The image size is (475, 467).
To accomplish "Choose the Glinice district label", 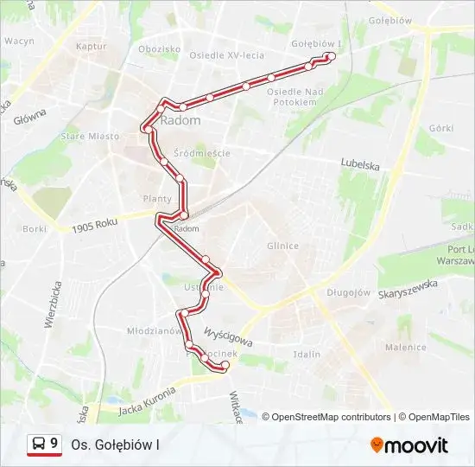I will [x=282, y=246].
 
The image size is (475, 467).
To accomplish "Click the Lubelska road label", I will [x=361, y=161].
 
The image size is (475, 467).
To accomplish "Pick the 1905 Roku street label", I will [x=95, y=226].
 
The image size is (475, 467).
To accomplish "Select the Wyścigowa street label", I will [x=227, y=336].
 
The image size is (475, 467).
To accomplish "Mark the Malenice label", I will [x=405, y=347].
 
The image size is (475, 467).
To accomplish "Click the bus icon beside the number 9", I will [x=39, y=445].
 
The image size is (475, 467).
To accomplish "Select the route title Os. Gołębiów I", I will [x=116, y=445].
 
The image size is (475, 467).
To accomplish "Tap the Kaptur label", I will [x=90, y=46].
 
